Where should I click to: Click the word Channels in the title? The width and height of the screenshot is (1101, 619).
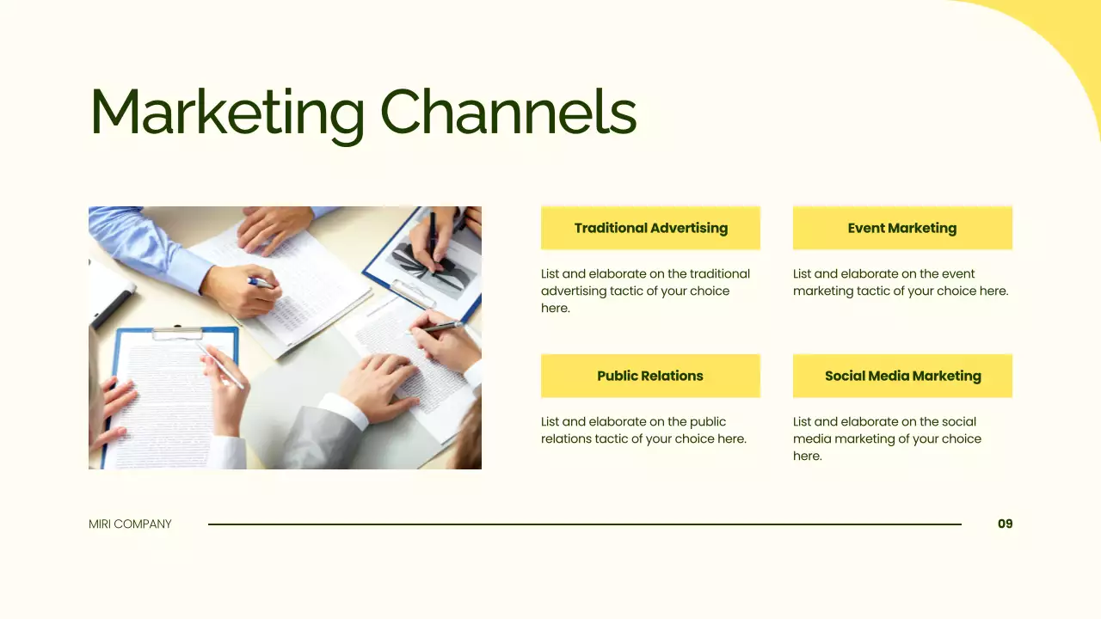(x=507, y=112)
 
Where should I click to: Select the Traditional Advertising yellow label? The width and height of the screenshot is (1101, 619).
(x=650, y=228)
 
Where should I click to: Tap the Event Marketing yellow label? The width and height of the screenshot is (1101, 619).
(x=902, y=228)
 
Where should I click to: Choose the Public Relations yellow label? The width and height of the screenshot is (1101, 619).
(x=650, y=376)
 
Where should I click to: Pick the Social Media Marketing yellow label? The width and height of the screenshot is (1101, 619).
(x=902, y=376)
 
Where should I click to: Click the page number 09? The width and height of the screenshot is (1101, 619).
(x=1005, y=524)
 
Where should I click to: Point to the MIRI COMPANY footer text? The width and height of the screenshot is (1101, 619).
(x=130, y=524)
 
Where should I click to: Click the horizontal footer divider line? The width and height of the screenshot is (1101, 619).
(x=585, y=524)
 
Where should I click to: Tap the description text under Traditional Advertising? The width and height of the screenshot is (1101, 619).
(x=645, y=291)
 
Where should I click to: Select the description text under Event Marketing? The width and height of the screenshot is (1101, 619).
(x=900, y=282)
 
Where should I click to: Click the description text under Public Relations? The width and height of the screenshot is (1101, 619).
(x=643, y=430)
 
